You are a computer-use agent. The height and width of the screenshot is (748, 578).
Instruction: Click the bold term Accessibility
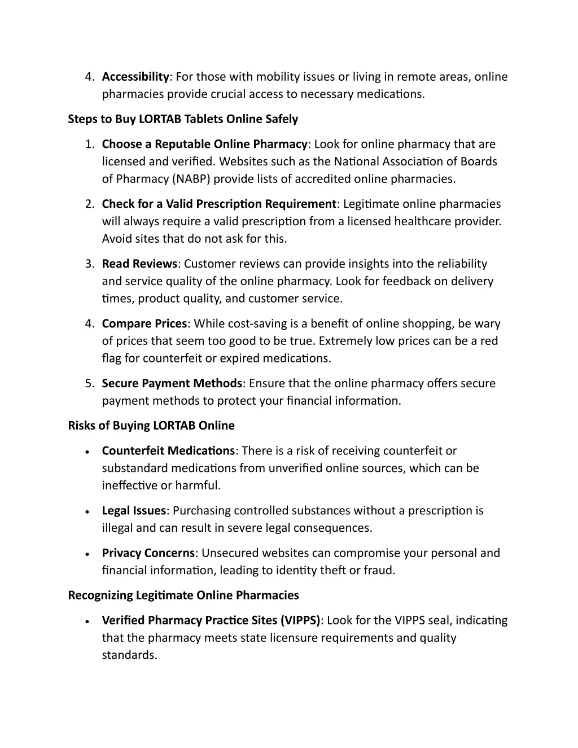[135, 77]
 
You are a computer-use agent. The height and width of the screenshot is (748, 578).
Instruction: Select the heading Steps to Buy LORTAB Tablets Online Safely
[183, 119]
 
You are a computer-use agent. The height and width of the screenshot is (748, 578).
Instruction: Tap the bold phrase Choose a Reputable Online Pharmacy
[205, 145]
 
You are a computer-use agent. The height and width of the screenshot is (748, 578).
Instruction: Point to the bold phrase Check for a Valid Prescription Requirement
[219, 204]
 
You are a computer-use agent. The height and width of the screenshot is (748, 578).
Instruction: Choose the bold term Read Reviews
[139, 264]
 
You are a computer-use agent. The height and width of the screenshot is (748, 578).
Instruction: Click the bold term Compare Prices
[144, 323]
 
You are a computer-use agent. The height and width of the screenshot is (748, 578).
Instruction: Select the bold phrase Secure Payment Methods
[172, 383]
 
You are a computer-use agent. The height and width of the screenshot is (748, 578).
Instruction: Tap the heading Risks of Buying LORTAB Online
[151, 426]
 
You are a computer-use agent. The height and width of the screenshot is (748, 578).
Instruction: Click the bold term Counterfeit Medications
[168, 450]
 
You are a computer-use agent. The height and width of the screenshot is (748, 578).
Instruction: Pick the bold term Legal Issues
[134, 510]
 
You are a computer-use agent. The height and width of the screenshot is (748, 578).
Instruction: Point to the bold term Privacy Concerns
[148, 553]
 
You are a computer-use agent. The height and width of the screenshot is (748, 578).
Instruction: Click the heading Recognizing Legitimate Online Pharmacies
[183, 595]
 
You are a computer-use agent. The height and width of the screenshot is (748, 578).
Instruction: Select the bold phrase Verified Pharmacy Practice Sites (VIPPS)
[211, 620]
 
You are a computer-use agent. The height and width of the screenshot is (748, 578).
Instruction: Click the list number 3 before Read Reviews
[89, 264]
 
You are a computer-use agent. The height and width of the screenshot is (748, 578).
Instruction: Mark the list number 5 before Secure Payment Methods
[89, 383]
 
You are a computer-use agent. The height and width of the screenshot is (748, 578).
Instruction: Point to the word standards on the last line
[128, 655]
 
